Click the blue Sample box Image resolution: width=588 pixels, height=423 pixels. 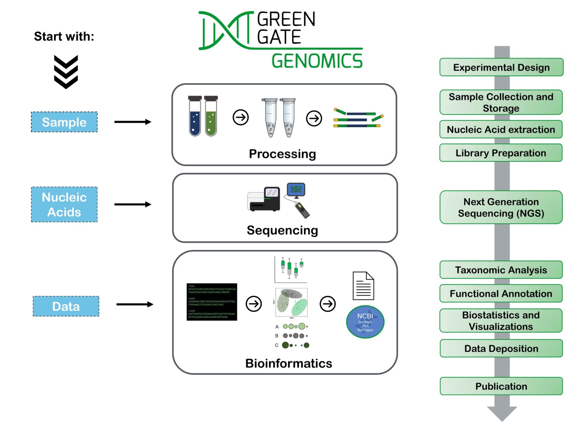pos(64,122)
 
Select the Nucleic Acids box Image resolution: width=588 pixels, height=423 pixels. pos(64,204)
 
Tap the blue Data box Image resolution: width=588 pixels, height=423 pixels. pos(66,306)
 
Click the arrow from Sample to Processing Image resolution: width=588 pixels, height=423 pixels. pos(133,122)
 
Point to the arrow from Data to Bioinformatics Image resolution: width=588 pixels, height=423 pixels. pos(135,304)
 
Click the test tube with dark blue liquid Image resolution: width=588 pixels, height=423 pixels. pos(195,116)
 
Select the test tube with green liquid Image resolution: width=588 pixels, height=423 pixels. pos(211,116)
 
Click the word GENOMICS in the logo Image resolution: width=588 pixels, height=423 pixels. pos(317,61)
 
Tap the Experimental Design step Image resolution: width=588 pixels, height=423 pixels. pos(501,67)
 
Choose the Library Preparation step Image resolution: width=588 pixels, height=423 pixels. pos(501,153)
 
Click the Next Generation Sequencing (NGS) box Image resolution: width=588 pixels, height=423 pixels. pos(501,207)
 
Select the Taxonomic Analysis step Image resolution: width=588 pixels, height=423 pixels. pos(501,270)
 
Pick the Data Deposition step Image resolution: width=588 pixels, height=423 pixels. pos(501,348)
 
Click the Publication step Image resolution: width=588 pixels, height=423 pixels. pos(501,386)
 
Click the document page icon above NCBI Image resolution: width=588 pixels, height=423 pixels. pos(363,286)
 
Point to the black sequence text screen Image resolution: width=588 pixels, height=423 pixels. pos(212,302)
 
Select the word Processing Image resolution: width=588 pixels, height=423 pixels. pos(282,154)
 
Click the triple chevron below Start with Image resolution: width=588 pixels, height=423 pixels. pos(66,72)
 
